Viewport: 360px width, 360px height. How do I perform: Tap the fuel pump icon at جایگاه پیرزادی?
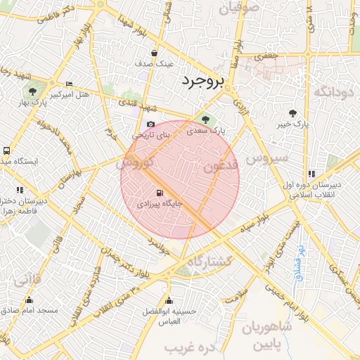tap(160, 193)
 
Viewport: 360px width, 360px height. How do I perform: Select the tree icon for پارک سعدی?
tap(205, 120)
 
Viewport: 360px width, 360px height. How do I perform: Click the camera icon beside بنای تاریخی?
tap(150, 124)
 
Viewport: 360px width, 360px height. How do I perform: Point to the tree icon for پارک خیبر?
tap(292, 112)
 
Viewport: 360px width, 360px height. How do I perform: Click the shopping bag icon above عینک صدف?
tap(154, 53)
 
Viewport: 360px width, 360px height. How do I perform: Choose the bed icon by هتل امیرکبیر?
tap(69, 84)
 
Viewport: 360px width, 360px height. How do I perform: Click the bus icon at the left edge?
tap(6, 150)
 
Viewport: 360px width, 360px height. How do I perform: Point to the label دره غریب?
tap(189, 349)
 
